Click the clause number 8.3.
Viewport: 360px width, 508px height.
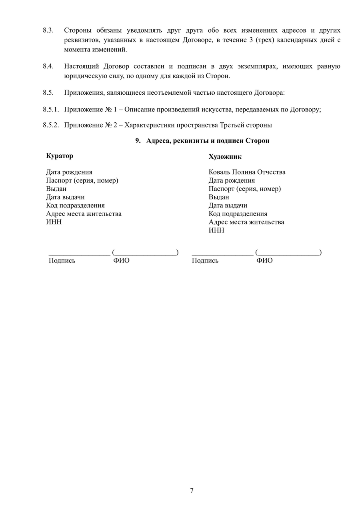click(48, 30)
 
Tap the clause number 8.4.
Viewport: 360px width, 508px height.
click(48, 66)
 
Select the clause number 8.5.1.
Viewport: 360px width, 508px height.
click(51, 109)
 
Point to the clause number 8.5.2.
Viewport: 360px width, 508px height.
click(51, 125)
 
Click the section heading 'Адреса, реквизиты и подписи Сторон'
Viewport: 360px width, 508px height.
click(208, 141)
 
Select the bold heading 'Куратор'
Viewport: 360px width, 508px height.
click(60, 156)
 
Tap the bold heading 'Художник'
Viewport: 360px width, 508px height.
click(225, 157)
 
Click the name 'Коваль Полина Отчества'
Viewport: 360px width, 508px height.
click(247, 172)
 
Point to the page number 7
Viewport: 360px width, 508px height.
click(192, 490)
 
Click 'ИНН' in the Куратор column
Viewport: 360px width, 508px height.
click(54, 222)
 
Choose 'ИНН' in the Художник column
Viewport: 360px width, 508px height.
click(216, 231)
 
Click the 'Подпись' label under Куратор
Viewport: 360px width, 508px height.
click(62, 261)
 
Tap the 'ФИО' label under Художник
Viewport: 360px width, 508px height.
click(264, 261)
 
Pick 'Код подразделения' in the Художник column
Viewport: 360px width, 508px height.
click(238, 214)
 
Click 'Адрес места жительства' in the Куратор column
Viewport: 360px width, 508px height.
click(84, 214)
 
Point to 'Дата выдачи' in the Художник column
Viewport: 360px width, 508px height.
click(228, 205)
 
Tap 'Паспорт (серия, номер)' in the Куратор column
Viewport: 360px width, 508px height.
click(82, 180)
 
